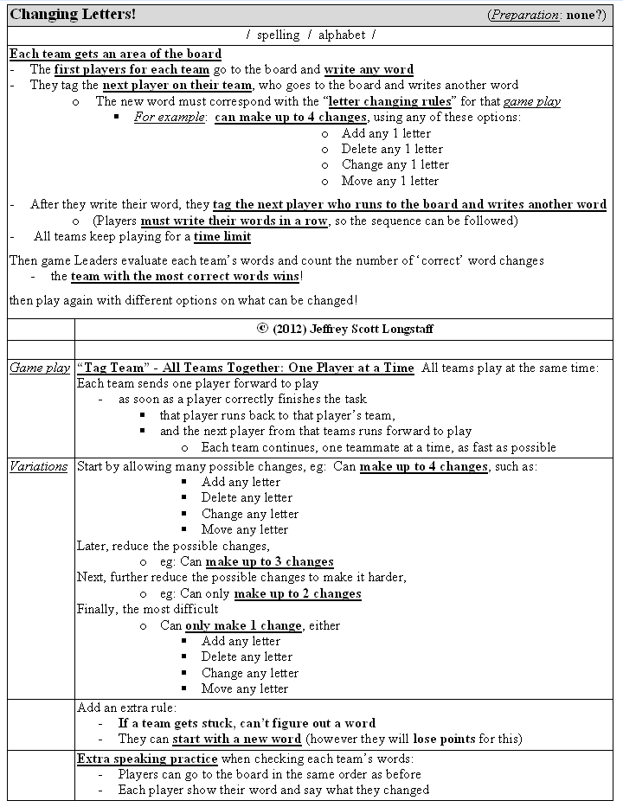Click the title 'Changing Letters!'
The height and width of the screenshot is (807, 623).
73,16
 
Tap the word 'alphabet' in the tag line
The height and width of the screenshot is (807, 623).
342,35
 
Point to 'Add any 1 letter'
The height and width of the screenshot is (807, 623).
386,133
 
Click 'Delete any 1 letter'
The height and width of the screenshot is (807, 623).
392,149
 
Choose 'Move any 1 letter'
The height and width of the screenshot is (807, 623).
390,181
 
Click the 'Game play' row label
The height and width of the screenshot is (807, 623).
40,368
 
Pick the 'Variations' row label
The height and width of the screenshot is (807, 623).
38,466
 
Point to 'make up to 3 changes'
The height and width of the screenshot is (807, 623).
269,561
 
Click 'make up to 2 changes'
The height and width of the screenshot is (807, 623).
297,593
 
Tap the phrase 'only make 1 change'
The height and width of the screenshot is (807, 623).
243,625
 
